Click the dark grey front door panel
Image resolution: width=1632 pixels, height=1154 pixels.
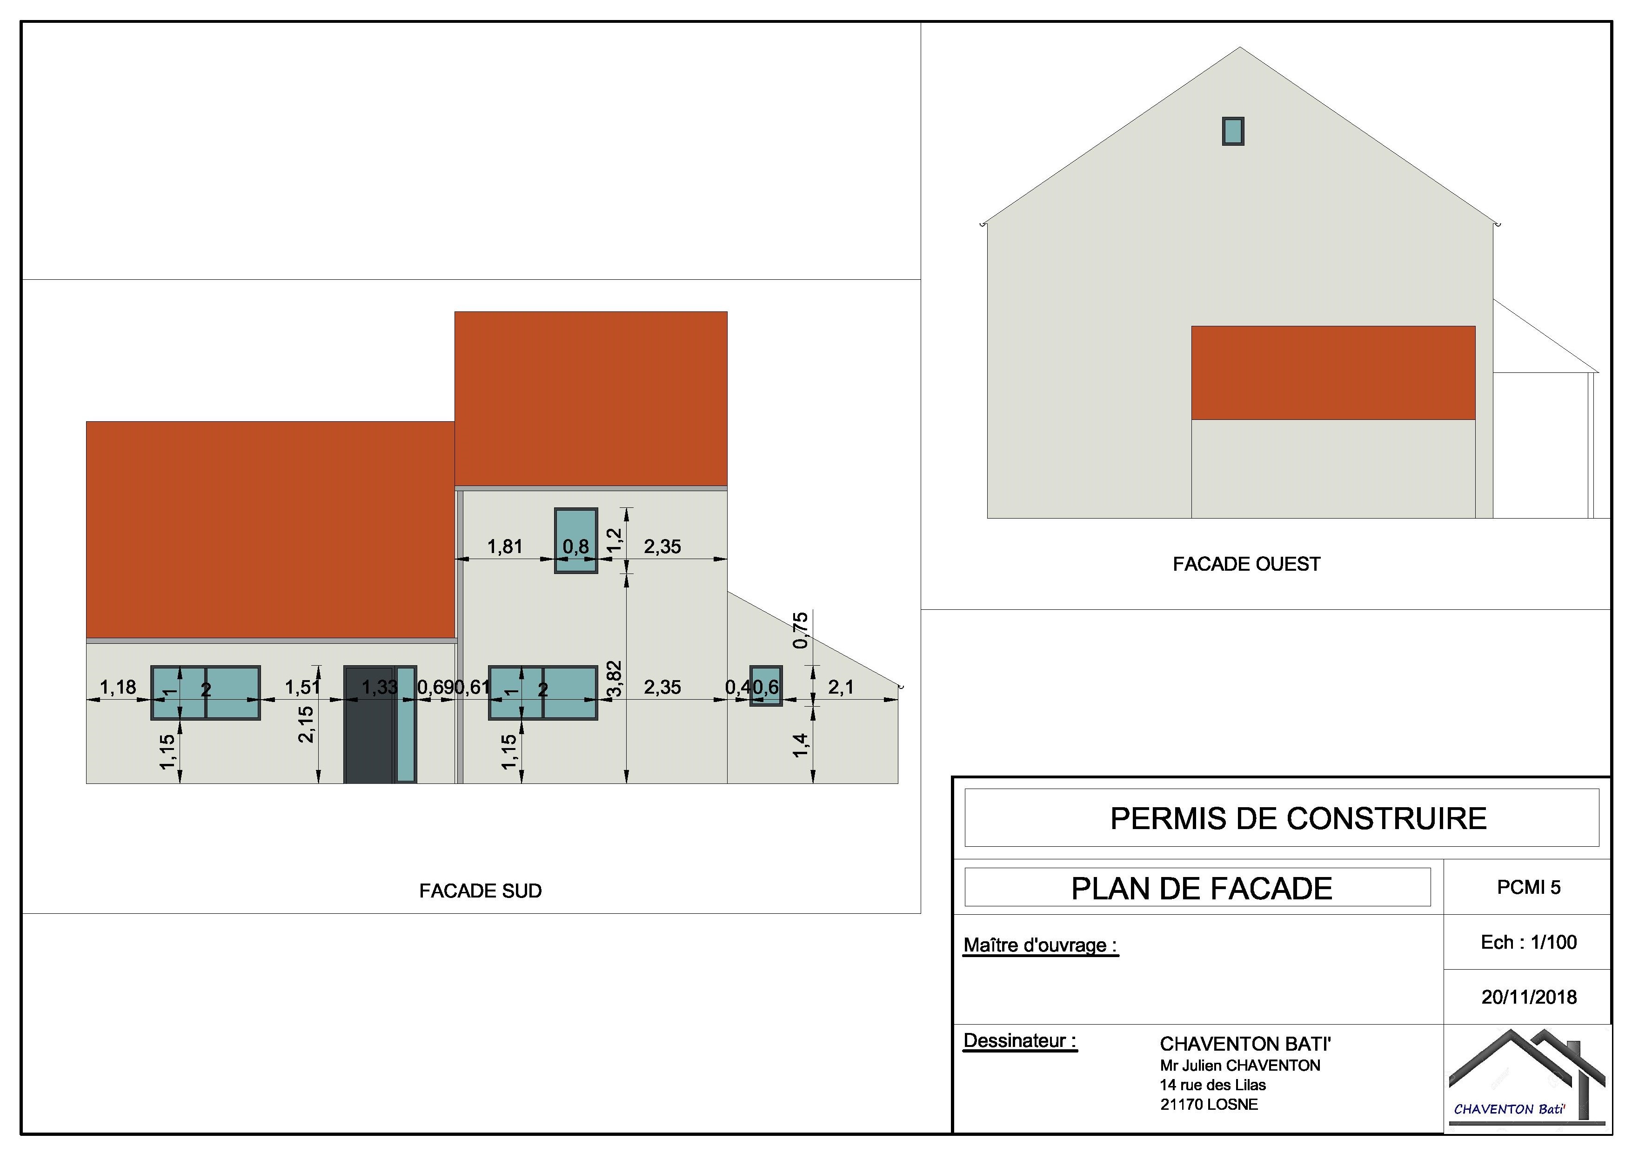tap(368, 724)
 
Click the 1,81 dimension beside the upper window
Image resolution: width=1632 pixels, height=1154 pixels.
tap(505, 547)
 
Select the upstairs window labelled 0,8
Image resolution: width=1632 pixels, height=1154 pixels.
tap(576, 540)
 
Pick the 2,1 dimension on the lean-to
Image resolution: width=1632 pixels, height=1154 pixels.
tap(841, 688)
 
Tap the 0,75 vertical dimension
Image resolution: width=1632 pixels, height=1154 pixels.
tap(801, 630)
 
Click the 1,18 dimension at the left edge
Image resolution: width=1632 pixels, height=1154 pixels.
tap(118, 688)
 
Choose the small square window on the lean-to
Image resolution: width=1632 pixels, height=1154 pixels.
tap(766, 685)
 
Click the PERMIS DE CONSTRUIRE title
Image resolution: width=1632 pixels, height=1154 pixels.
tap(1298, 818)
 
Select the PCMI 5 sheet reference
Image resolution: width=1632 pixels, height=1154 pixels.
tap(1528, 887)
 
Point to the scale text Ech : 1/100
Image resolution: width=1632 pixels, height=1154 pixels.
tap(1528, 942)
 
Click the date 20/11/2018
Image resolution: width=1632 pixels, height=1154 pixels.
tap(1529, 997)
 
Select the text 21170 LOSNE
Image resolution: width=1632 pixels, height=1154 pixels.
tap(1209, 1104)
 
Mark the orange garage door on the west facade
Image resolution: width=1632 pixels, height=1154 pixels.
tap(1333, 372)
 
